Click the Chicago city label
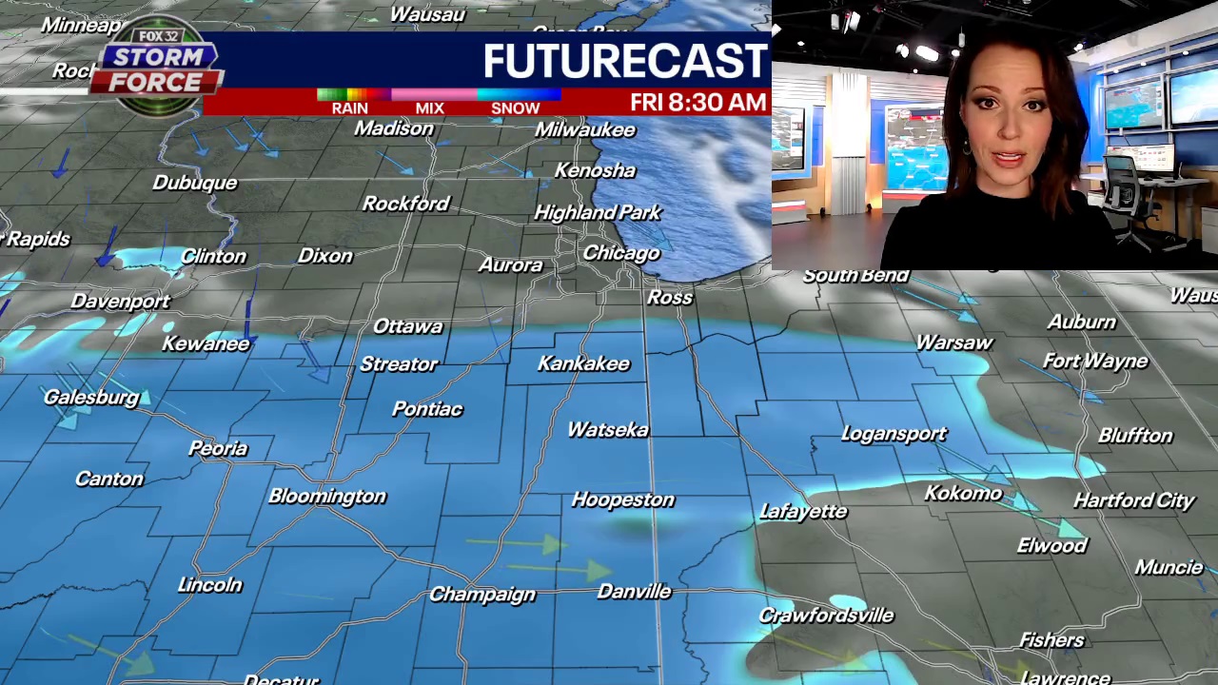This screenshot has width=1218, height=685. tap(620, 253)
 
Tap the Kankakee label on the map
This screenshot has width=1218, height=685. tap(583, 363)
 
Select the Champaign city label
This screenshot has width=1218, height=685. tap(481, 595)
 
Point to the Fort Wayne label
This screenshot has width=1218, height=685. tap(1095, 362)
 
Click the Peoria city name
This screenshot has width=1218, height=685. tap(218, 448)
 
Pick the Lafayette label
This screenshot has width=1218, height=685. tap(803, 512)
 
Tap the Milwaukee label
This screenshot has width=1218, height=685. tap(584, 129)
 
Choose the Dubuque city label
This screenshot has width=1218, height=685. tap(194, 183)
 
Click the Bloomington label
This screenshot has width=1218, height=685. tap(326, 496)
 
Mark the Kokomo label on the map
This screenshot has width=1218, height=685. tap(963, 493)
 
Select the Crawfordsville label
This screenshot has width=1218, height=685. tap(826, 616)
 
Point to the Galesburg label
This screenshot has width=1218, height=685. tap(91, 398)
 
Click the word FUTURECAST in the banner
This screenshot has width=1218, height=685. tap(624, 61)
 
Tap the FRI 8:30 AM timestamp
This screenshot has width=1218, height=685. tap(697, 103)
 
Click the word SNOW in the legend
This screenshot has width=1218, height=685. tap(515, 108)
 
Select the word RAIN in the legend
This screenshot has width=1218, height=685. tap(349, 108)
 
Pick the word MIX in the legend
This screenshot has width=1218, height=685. tap(429, 108)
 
